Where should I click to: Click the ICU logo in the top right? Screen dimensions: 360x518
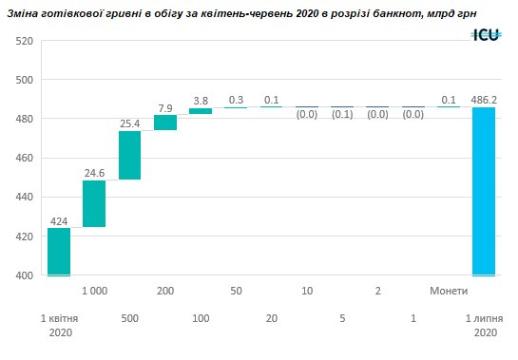pos(487,34)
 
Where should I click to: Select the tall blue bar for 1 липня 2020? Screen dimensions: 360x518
pos(485,191)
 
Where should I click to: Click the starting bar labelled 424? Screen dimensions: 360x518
pos(59,252)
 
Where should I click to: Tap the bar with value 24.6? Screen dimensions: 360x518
pos(94,204)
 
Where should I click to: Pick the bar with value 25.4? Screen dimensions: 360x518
pos(129,155)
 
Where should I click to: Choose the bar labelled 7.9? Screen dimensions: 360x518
pos(165,123)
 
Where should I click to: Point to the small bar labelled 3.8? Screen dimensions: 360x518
pos(201,111)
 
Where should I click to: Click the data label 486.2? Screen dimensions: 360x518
pos(485,98)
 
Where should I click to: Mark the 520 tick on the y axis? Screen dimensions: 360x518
pos(25,41)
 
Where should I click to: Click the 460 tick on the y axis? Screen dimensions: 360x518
pos(25,158)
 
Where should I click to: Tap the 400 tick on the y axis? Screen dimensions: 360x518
pos(25,275)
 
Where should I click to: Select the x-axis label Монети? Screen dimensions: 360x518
pos(449,290)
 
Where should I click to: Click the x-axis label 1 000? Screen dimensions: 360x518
pos(94,290)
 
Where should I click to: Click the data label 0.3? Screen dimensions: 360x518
pos(236,99)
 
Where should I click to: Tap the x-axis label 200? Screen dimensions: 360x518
pos(165,290)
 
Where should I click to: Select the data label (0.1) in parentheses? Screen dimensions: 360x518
pos(342,115)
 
